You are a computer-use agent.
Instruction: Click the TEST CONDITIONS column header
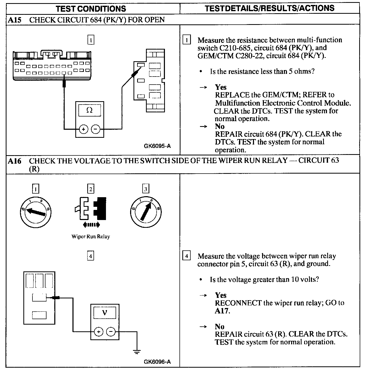click(91, 9)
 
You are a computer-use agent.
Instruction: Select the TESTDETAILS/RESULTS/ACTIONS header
click(270, 8)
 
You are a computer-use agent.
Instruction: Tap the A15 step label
click(14, 20)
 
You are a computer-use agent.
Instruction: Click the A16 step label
click(14, 161)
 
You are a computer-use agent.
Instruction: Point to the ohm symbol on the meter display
click(89, 110)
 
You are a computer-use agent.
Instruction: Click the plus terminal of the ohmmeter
click(83, 129)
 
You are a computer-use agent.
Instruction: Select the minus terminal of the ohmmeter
click(96, 129)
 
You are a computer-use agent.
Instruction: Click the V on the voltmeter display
click(105, 313)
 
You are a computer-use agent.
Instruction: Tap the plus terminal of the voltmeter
click(98, 332)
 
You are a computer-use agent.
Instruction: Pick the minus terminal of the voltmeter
click(111, 332)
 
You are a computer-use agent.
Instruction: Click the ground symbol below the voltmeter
click(137, 352)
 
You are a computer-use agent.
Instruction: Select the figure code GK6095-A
click(157, 146)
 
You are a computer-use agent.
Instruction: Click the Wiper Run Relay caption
click(91, 237)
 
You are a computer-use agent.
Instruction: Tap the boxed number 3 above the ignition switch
click(145, 189)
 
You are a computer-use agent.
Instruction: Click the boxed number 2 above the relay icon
click(90, 189)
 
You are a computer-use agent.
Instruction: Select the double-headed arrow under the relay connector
click(90, 225)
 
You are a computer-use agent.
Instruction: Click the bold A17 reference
click(222, 311)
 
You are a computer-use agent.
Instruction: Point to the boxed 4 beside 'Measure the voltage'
click(186, 256)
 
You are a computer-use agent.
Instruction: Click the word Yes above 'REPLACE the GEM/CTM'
click(221, 87)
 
